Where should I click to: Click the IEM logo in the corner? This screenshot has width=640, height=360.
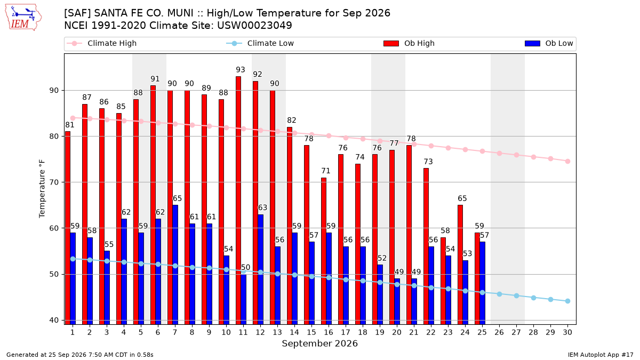point(23,18)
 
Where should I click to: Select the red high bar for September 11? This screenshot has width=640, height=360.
point(238,201)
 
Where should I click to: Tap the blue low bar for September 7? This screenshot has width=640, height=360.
point(175,265)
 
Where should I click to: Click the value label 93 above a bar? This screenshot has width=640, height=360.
point(241,70)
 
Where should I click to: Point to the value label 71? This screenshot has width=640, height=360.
point(326,171)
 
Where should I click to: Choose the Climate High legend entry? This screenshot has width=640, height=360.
point(102,43)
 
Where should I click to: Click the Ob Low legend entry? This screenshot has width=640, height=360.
point(549,43)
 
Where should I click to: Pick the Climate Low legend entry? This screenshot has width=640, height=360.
point(260,43)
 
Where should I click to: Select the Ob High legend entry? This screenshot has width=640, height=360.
point(409,43)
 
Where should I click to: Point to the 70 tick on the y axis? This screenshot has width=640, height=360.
point(54,182)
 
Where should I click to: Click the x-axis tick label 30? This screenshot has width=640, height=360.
point(567,332)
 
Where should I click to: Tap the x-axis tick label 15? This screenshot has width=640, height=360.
point(311,332)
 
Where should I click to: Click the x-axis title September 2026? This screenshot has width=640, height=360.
point(319,343)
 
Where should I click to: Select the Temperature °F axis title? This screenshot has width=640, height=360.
point(42,189)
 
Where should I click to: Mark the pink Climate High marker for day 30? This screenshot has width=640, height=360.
point(567,162)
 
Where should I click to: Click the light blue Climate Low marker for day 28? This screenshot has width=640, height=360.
point(533,298)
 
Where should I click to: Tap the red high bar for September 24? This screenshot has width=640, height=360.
point(460,265)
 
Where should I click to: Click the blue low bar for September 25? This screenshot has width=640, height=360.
point(483,283)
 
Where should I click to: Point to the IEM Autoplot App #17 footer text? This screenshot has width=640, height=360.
point(601,355)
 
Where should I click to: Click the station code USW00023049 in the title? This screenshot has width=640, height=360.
point(254,26)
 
